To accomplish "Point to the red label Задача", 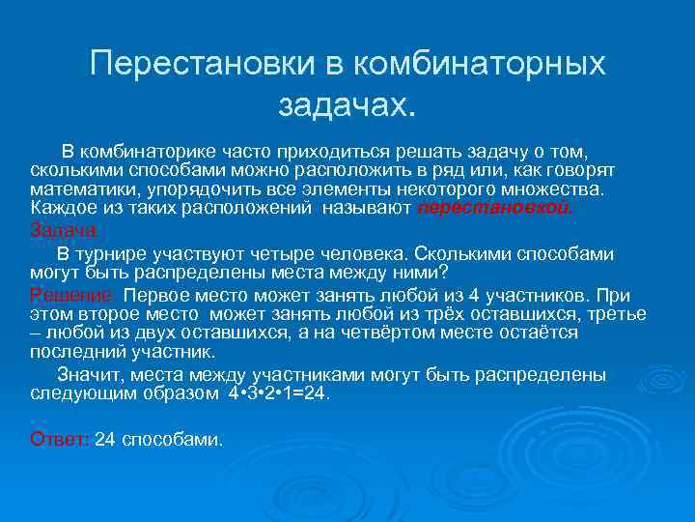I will [x=65, y=230].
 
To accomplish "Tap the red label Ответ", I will [x=60, y=440].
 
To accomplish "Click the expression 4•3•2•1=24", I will [x=280, y=394].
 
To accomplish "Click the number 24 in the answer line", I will [x=106, y=440].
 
